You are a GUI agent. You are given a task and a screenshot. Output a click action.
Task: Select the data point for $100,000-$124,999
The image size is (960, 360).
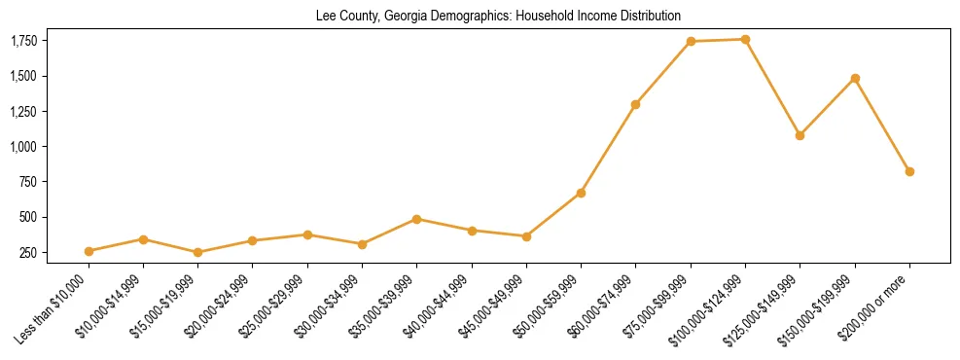pos(745,39)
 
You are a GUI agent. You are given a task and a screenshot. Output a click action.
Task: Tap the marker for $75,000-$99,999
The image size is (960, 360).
pos(691,41)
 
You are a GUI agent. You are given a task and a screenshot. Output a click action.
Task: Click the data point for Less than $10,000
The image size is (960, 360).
pos(89,251)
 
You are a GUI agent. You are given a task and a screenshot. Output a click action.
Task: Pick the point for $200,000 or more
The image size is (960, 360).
pos(909,171)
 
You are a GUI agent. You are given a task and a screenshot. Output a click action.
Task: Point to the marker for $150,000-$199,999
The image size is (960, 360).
pos(855,78)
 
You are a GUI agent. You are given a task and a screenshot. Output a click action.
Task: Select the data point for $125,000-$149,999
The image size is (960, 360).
pos(800,135)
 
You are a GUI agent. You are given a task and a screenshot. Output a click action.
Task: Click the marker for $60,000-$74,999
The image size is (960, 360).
pos(635,104)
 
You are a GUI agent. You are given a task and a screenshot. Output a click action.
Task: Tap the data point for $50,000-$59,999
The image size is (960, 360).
pos(581,193)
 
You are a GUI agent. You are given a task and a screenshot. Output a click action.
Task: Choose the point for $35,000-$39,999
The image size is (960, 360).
pos(416,219)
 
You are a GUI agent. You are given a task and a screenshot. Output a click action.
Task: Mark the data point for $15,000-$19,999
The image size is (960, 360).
pos(197,252)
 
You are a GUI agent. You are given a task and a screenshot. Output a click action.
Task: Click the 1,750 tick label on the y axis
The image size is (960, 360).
pos(24,41)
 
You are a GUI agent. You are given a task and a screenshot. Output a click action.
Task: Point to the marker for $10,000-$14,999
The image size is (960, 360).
pos(143,239)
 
